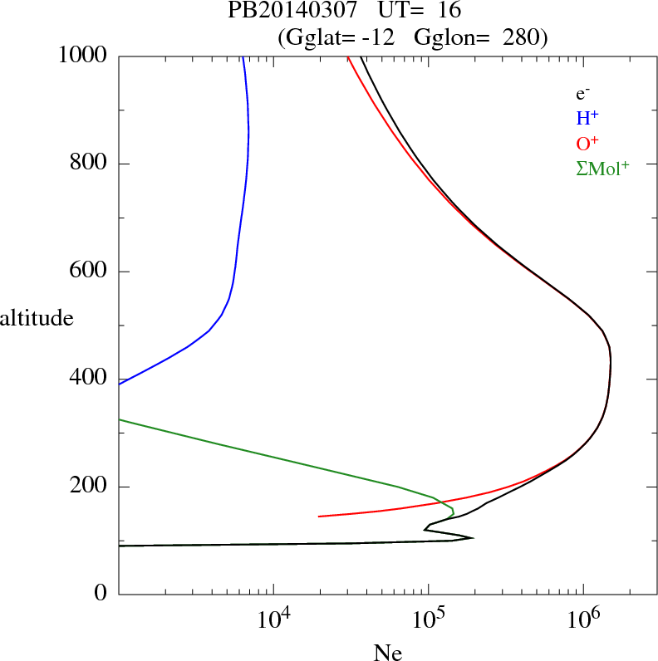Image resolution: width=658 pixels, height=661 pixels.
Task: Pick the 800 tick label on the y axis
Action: coord(91,164)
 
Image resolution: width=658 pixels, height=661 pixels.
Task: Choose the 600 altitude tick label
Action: coord(91,272)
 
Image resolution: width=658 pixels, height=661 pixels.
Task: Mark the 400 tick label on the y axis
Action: coord(91,379)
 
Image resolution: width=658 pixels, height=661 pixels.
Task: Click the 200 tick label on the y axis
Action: coord(91,487)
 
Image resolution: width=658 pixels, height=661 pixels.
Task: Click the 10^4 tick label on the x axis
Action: coord(273,618)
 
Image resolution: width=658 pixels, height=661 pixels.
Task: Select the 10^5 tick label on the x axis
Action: coord(429,618)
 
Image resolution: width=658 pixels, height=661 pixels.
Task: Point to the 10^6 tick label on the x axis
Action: coord(584,618)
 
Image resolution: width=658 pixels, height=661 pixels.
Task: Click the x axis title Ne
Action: coord(387,653)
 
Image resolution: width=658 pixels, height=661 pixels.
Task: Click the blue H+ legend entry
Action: coord(587,119)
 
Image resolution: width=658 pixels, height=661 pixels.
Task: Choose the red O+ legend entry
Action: coord(587,144)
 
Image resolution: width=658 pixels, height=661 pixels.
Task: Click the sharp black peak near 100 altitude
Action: coord(472,538)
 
